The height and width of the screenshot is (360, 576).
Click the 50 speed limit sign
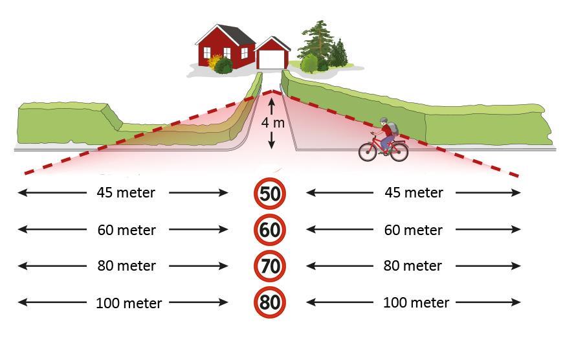tap(270, 194)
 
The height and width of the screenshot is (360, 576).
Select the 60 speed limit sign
tap(270, 230)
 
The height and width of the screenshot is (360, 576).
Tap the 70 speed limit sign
tap(270, 266)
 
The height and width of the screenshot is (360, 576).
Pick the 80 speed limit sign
tap(270, 302)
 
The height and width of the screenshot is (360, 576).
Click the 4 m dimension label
tap(273, 122)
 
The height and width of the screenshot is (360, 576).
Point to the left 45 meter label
tap(126, 192)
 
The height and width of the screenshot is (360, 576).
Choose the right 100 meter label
tap(416, 302)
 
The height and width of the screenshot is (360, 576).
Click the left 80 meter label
tap(126, 265)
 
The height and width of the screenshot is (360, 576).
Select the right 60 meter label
tap(414, 230)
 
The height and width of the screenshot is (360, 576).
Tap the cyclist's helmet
tap(384, 120)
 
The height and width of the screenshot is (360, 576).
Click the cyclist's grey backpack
tap(393, 128)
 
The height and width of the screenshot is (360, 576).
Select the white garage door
tap(271, 60)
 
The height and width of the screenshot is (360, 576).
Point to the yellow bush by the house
tap(214, 61)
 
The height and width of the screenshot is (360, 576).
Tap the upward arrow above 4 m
tap(271, 107)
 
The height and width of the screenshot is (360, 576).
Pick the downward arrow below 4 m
tap(271, 140)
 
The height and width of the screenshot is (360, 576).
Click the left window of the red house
tap(207, 52)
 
